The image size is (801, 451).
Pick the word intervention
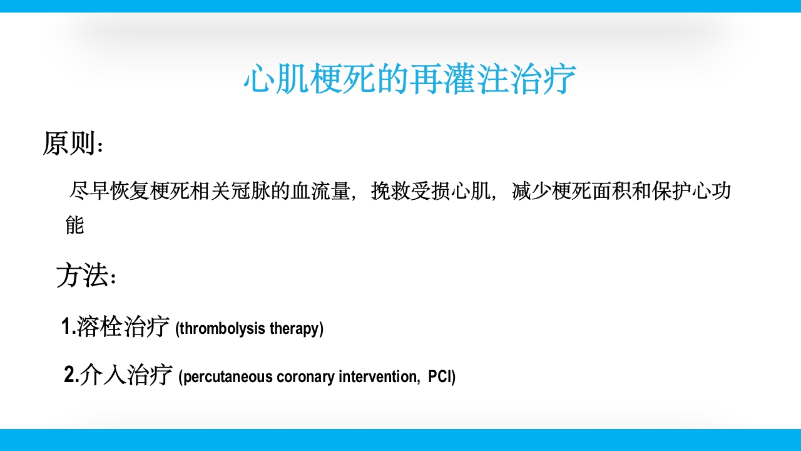click(377, 378)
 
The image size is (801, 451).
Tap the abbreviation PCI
click(441, 378)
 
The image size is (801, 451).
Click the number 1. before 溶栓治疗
click(68, 328)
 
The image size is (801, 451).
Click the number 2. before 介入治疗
click(71, 376)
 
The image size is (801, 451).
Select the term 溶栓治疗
click(123, 328)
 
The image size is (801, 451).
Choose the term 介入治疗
click(126, 376)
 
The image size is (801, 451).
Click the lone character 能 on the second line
click(74, 225)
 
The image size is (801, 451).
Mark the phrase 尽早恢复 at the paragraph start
click(110, 191)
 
